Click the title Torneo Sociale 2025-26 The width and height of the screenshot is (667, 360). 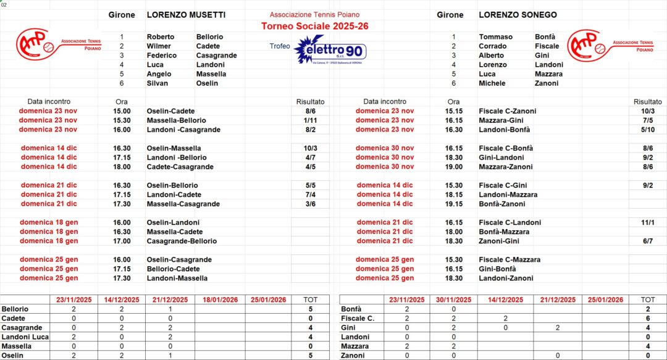314,26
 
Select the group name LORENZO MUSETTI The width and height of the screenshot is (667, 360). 186,15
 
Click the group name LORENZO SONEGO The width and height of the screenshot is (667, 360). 518,15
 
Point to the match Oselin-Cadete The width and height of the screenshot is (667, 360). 170,111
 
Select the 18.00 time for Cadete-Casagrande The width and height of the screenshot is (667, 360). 122,167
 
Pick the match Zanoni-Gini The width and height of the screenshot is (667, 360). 499,241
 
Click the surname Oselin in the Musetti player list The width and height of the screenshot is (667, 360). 207,83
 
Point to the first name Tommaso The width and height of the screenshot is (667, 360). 495,37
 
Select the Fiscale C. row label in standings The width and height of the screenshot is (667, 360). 358,319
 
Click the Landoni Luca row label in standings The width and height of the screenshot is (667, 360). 25,337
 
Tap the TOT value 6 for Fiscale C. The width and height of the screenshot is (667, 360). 648,319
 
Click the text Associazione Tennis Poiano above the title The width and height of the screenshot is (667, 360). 314,15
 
